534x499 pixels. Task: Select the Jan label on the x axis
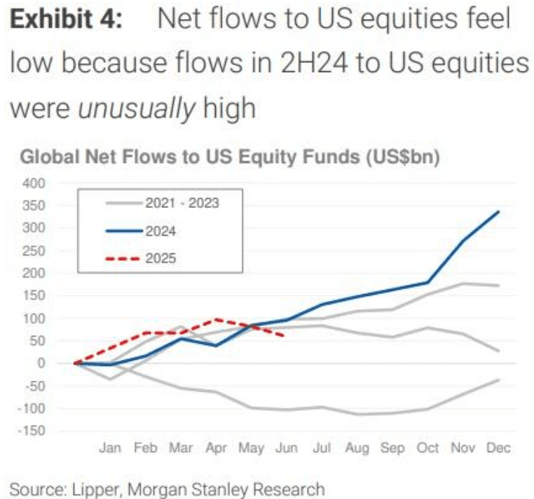click(x=110, y=448)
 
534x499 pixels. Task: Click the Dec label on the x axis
click(x=499, y=448)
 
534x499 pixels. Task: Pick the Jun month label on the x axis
click(x=287, y=448)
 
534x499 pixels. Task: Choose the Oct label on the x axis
click(x=427, y=448)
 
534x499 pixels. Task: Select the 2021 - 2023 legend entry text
click(x=183, y=204)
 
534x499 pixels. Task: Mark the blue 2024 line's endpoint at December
click(x=499, y=211)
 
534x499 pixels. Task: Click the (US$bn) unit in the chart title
click(x=399, y=158)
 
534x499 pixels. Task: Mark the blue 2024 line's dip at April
click(x=216, y=345)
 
